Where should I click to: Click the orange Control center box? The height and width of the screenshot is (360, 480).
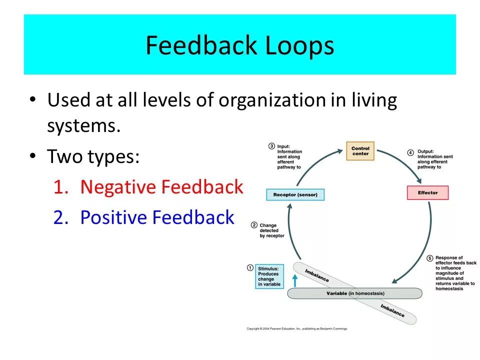360,151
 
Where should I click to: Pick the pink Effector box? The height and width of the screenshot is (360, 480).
427,192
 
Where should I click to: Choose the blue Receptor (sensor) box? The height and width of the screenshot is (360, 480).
295,194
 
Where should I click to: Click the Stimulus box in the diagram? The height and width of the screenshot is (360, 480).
269,276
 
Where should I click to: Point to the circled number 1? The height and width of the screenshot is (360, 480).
250,268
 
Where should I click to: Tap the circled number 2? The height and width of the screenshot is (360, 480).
254,225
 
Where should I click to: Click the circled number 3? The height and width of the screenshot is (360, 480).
271,146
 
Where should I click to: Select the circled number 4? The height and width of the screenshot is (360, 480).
410,152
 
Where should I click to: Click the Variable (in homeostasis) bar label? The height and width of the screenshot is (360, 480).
355,293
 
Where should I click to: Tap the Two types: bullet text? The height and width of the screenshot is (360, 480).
93,157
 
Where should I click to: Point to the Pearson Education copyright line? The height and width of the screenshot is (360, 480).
297,328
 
